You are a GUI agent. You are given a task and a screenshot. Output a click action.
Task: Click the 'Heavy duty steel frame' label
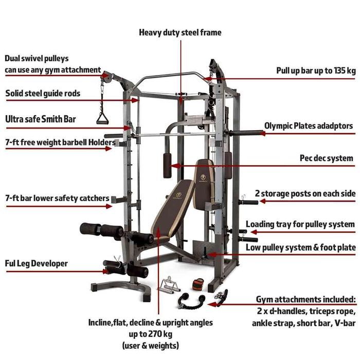click(180, 32)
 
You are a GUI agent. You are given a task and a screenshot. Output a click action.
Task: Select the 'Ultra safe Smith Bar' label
click(41, 119)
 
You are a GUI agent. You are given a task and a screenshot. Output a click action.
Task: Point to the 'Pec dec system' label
click(327, 158)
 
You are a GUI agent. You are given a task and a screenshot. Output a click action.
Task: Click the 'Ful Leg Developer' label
click(37, 263)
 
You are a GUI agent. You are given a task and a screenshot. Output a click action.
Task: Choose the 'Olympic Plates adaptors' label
click(309, 125)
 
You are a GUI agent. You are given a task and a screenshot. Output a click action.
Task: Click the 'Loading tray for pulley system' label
click(300, 224)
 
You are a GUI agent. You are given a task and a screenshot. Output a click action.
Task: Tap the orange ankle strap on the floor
click(198, 284)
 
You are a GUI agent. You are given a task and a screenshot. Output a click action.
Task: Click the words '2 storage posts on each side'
click(305, 193)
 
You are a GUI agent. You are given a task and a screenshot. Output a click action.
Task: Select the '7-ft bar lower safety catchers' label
click(57, 198)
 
